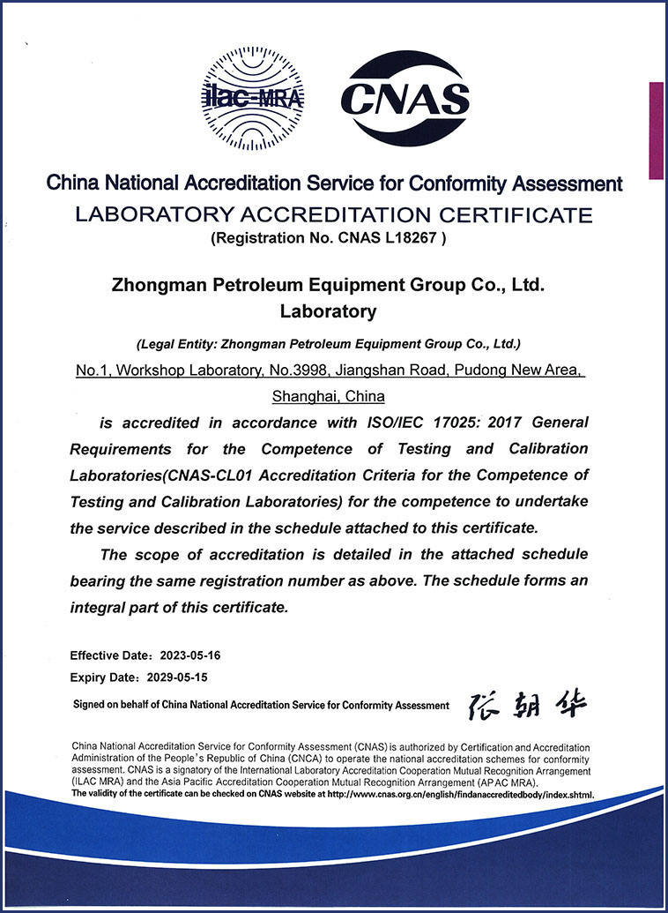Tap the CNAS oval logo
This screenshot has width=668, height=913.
(405, 98)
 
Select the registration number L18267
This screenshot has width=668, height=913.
(419, 236)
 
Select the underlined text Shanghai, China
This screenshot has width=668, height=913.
(329, 396)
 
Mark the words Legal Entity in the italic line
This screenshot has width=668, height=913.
(176, 343)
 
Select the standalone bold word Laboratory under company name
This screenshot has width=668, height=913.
(328, 311)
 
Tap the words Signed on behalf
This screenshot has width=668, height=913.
(111, 705)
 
